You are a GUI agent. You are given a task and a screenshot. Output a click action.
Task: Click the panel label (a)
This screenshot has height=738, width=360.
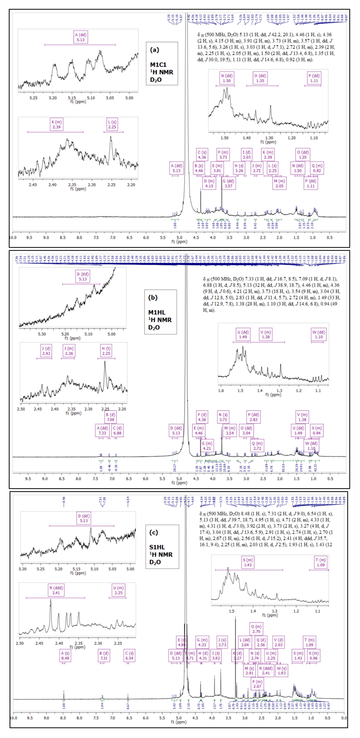pyautogui.click(x=154, y=50)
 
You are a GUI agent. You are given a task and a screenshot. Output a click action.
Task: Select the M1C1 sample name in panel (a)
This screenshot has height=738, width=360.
pyautogui.click(x=158, y=65)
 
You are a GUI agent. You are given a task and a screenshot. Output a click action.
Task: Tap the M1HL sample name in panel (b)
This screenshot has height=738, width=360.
pyautogui.click(x=157, y=312)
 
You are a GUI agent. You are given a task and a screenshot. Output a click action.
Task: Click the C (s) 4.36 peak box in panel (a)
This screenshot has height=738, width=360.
pyautogui.click(x=202, y=155)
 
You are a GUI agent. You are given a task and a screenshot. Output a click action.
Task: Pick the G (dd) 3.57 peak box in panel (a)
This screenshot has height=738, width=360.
pyautogui.click(x=228, y=183)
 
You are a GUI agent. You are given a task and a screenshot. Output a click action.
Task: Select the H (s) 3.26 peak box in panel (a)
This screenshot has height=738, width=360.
pyautogui.click(x=239, y=168)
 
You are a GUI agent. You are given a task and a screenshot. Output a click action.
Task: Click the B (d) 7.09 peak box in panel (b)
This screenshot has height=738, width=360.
pyautogui.click(x=111, y=417)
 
